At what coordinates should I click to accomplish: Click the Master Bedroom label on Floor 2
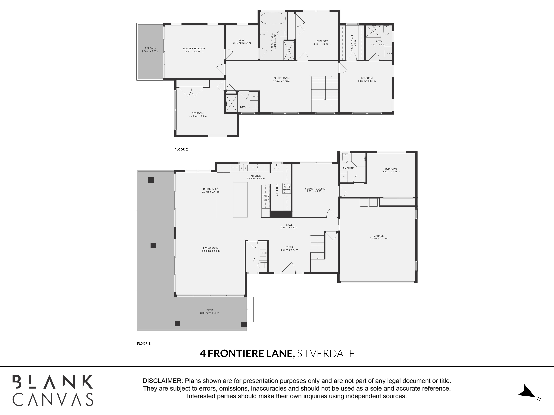[194, 49]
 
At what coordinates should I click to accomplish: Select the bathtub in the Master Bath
[273, 18]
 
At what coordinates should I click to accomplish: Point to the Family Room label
[282, 78]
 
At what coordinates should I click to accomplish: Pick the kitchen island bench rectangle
[240, 200]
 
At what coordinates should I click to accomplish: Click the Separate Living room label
[315, 189]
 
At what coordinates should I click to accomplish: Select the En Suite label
[348, 168]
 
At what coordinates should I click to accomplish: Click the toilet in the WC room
[262, 265]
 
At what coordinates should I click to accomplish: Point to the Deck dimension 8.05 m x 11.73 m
[210, 313]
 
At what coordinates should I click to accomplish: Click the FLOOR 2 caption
[181, 150]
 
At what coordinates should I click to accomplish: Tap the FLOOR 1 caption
[143, 343]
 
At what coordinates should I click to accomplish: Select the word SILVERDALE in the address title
[326, 353]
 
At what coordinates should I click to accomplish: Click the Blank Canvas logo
[53, 390]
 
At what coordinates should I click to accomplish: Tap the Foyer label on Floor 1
[289, 247]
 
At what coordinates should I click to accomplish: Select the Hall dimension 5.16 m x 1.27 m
[289, 228]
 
